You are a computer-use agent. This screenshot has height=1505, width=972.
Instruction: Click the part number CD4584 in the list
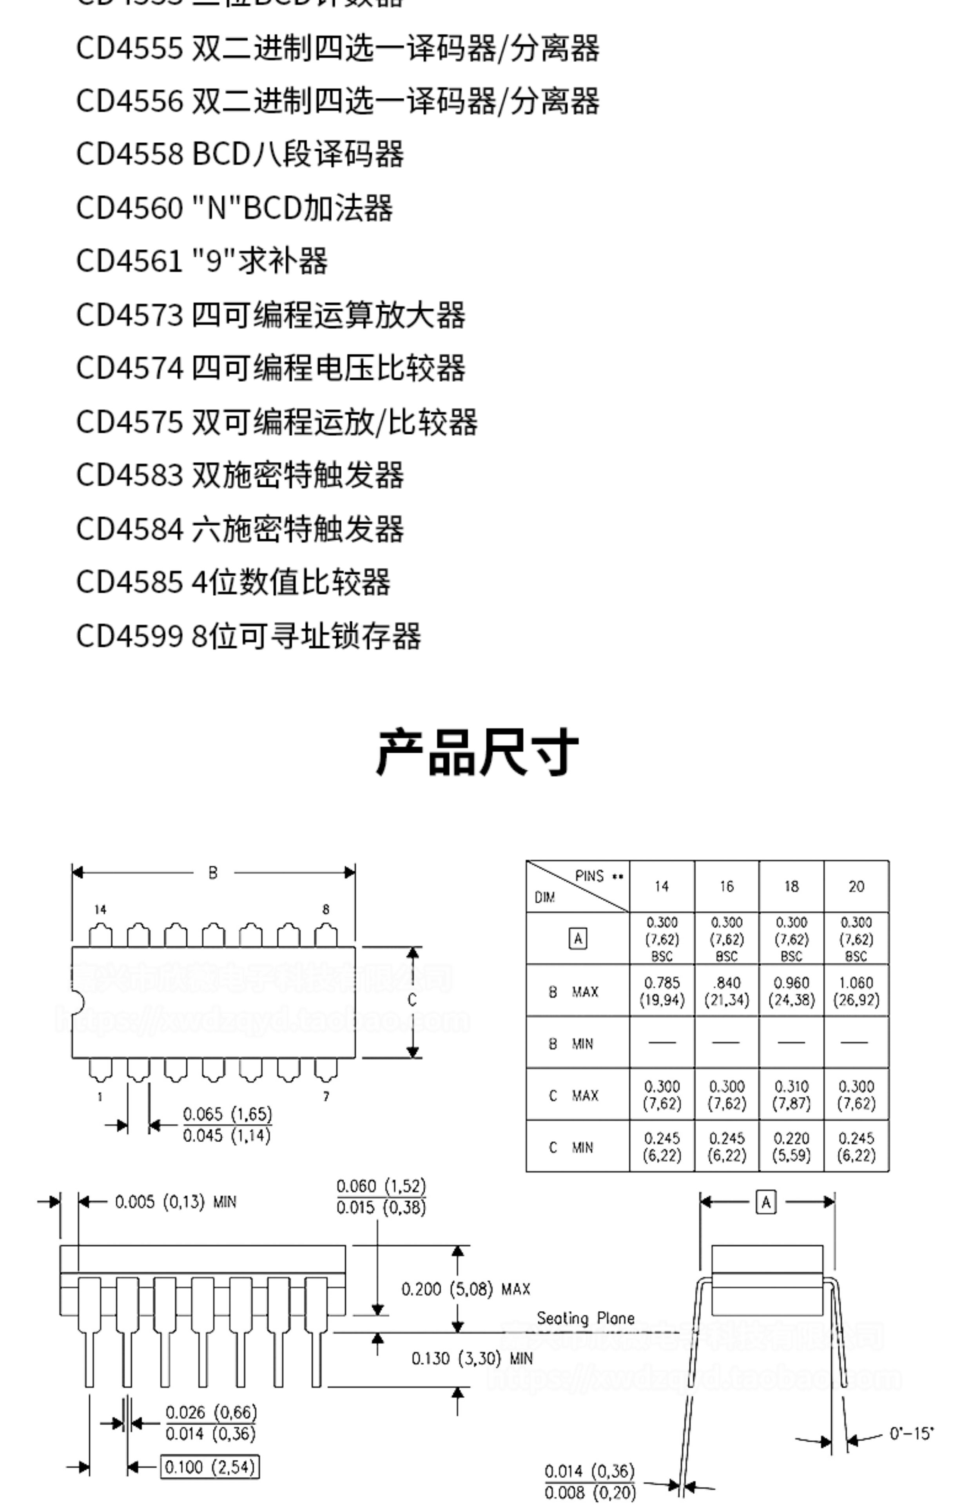tap(129, 529)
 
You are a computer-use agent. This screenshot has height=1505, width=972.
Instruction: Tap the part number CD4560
tap(129, 208)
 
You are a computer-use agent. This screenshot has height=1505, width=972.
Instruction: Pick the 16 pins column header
tap(727, 887)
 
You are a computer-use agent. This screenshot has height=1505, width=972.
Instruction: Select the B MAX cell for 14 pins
tap(662, 991)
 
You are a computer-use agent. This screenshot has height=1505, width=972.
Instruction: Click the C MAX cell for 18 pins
tap(791, 1095)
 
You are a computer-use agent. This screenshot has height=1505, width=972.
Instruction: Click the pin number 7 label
tap(326, 1097)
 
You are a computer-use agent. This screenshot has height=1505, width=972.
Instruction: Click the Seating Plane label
tap(585, 1318)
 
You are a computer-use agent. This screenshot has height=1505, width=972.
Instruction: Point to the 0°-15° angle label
tap(911, 1434)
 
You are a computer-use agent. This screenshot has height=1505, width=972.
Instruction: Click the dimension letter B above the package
tap(213, 873)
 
